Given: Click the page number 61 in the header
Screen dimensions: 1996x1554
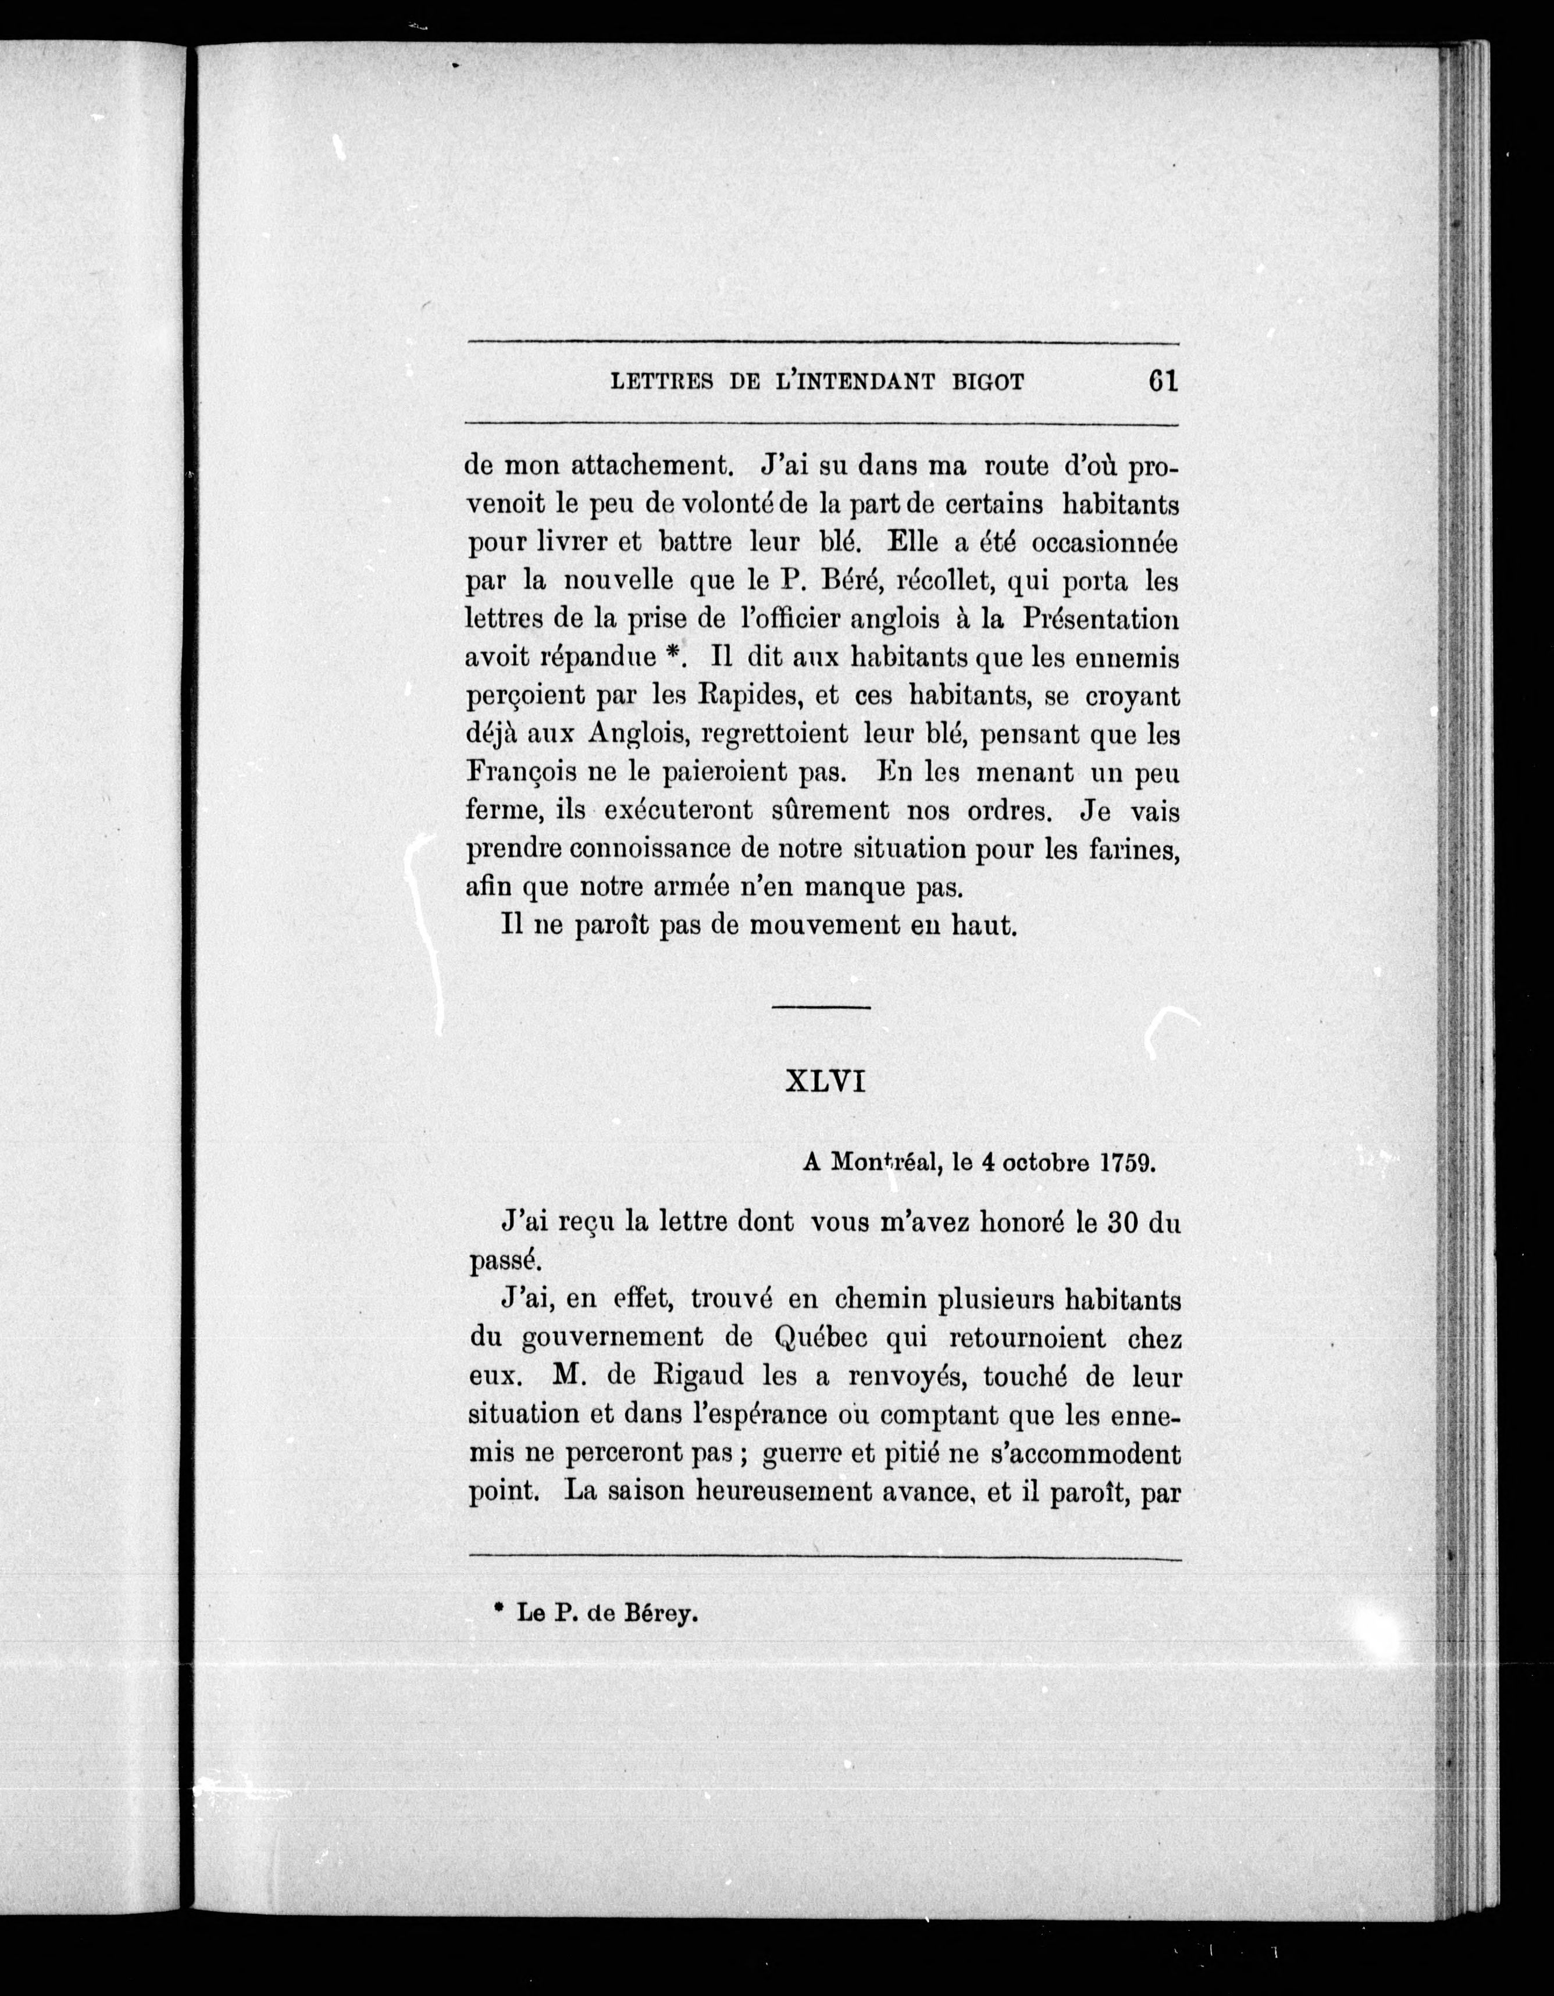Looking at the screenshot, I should (x=1161, y=380).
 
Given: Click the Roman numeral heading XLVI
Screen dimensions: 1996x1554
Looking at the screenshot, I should (x=825, y=1082).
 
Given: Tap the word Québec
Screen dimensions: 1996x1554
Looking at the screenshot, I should (x=819, y=1338).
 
